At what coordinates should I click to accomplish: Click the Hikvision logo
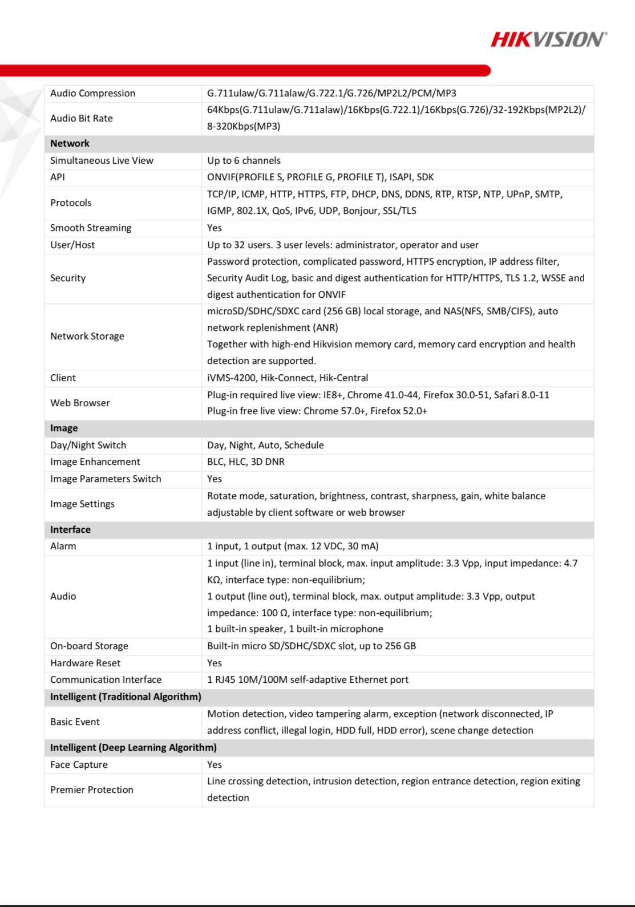pyautogui.click(x=548, y=39)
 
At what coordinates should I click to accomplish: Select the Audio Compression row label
pyautogui.click(x=92, y=94)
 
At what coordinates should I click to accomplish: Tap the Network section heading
pyautogui.click(x=70, y=144)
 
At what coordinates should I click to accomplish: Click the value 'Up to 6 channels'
pyautogui.click(x=244, y=161)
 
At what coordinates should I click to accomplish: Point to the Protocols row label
pyautogui.click(x=71, y=203)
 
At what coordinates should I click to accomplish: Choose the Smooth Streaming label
pyautogui.click(x=91, y=228)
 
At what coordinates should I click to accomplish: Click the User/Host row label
pyautogui.click(x=72, y=245)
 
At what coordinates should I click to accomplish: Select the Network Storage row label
pyautogui.click(x=87, y=337)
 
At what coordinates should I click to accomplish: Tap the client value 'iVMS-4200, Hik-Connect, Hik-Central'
pyautogui.click(x=288, y=378)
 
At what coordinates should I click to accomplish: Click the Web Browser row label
pyautogui.click(x=80, y=403)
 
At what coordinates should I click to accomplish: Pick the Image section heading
pyautogui.click(x=64, y=428)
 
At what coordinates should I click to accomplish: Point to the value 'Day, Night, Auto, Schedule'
pyautogui.click(x=265, y=446)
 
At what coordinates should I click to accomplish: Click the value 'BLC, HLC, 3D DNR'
pyautogui.click(x=245, y=462)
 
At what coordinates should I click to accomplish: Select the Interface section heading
pyautogui.click(x=70, y=530)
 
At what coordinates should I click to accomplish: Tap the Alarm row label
pyautogui.click(x=63, y=546)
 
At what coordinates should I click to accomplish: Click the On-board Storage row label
pyautogui.click(x=89, y=646)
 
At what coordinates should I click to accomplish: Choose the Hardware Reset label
pyautogui.click(x=85, y=663)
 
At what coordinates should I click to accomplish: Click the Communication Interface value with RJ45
pyautogui.click(x=308, y=680)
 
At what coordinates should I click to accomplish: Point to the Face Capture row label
pyautogui.click(x=79, y=765)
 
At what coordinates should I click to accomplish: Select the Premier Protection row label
pyautogui.click(x=92, y=790)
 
